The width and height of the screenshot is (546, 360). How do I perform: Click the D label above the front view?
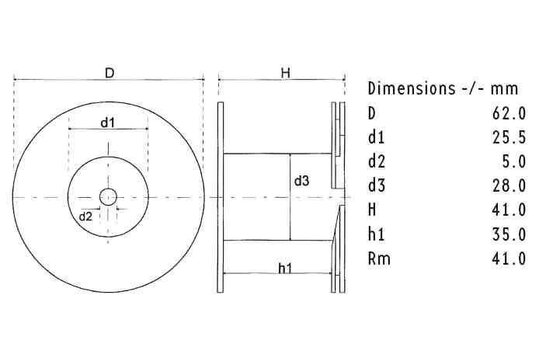click(109, 73)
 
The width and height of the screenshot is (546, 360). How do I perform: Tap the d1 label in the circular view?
click(109, 123)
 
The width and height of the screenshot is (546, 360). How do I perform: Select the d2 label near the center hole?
click(86, 215)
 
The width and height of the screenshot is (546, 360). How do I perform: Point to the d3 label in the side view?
click(301, 180)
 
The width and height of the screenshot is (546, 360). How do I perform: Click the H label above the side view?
click(285, 73)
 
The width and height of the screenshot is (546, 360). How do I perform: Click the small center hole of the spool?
click(109, 197)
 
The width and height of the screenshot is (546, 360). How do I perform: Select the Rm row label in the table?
click(377, 258)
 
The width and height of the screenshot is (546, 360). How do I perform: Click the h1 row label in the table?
click(377, 234)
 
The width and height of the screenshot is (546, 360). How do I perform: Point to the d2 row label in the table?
click(377, 161)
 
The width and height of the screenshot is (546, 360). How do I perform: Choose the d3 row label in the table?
click(377, 185)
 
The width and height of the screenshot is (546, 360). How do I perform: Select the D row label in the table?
click(373, 112)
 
